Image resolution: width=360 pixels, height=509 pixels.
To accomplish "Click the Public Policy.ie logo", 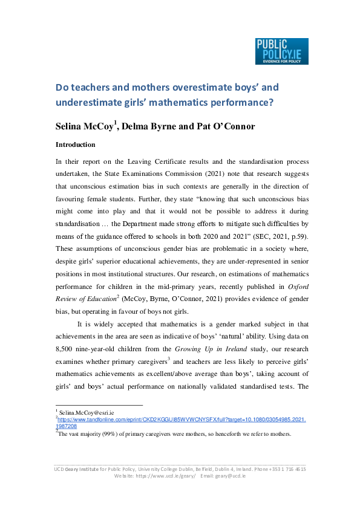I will [x=281, y=51].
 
